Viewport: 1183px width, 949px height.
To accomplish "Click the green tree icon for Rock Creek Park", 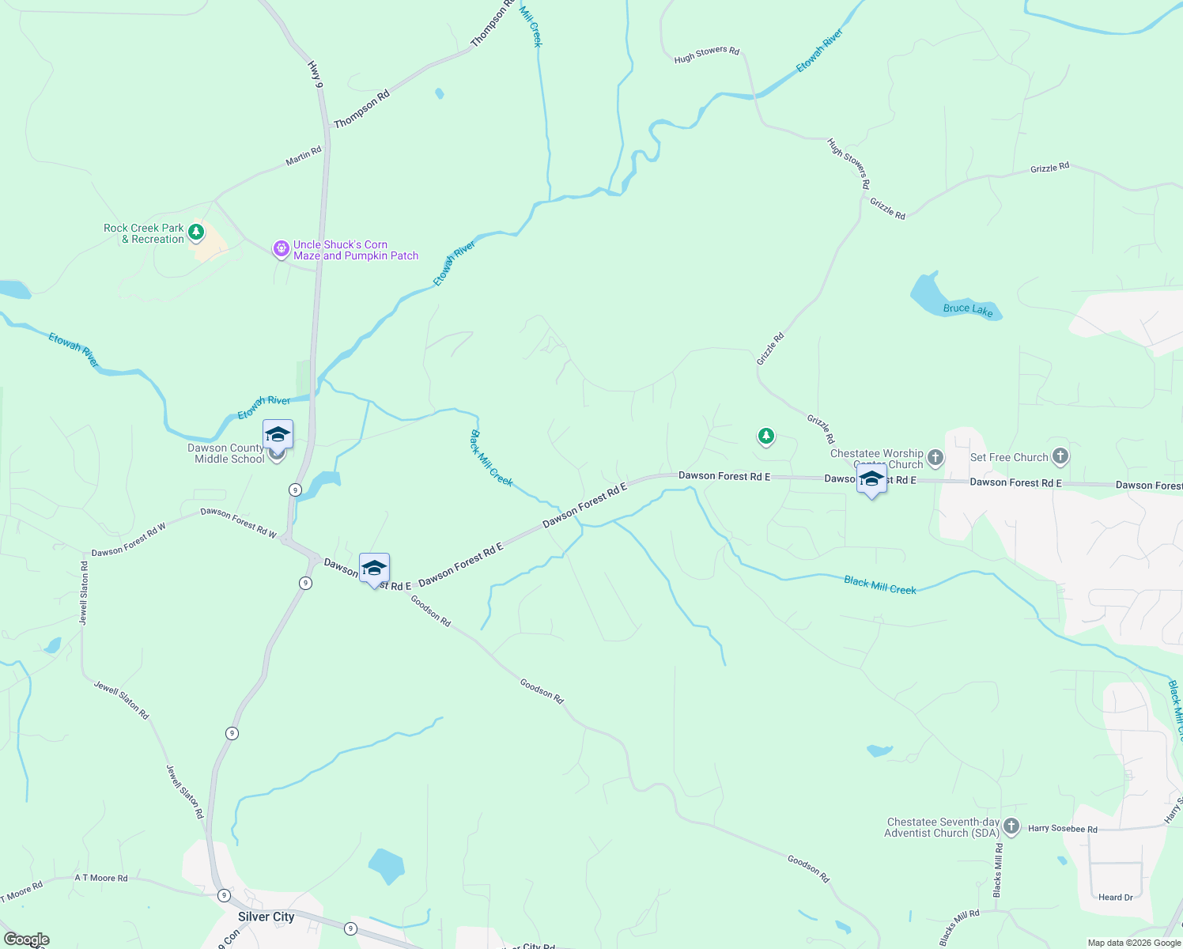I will tap(196, 233).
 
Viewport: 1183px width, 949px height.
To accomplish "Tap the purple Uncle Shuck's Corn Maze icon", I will tap(281, 249).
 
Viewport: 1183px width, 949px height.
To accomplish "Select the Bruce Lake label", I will tap(967, 309).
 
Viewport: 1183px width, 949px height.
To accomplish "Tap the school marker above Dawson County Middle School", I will tap(278, 435).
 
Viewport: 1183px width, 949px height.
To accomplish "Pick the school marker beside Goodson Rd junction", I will tap(374, 569).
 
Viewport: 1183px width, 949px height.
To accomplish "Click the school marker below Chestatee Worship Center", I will tap(871, 480).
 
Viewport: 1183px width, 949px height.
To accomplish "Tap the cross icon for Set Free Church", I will tap(1060, 456).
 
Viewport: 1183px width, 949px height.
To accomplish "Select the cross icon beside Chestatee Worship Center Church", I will tap(935, 458).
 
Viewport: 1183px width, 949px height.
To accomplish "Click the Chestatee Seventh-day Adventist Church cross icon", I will tap(1011, 827).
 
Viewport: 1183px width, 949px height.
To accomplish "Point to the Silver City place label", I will tap(266, 917).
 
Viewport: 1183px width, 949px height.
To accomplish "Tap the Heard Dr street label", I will tap(1115, 897).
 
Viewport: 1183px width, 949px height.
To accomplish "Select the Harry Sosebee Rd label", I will tap(1062, 829).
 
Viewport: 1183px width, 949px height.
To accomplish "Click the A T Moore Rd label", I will tap(101, 878).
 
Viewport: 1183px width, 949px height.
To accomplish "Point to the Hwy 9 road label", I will tap(316, 73).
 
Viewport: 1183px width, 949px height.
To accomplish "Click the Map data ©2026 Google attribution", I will tap(1134, 943).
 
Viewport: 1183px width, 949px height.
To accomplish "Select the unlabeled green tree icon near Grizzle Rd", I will tap(765, 436).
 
